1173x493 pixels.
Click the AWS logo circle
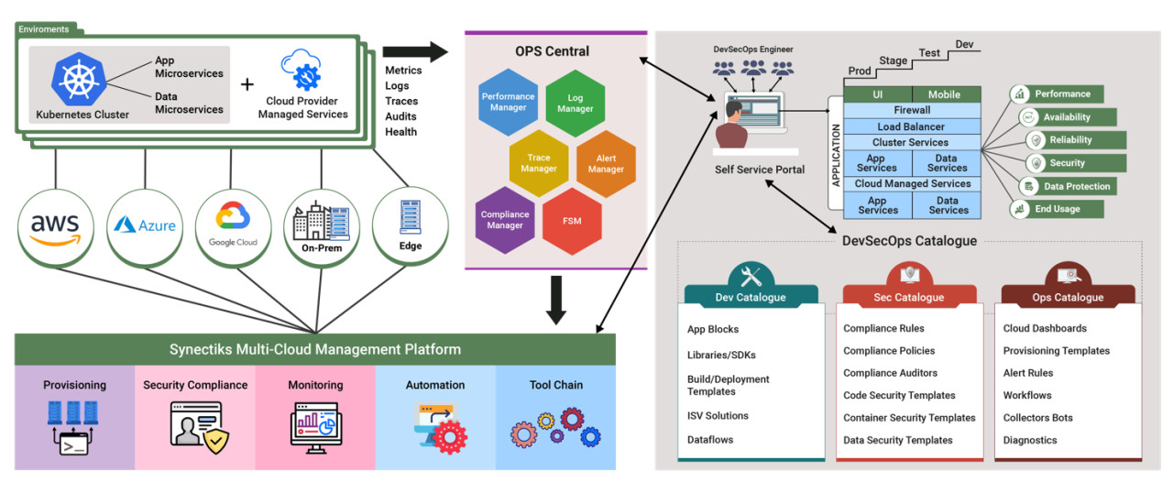[x=56, y=228]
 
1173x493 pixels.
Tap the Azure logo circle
[x=145, y=228]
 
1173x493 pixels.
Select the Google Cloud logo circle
[x=234, y=228]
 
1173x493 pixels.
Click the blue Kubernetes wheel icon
[x=79, y=79]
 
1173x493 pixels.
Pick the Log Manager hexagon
[x=575, y=104]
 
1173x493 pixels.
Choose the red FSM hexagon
[x=572, y=221]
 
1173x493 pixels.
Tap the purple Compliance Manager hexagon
[x=505, y=220]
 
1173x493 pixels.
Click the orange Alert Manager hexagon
[x=606, y=164]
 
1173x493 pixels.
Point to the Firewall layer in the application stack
[x=912, y=110]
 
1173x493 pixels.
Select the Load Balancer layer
[x=912, y=126]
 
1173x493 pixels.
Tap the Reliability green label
[x=1076, y=139]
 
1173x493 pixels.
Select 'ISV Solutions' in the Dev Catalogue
[x=718, y=415]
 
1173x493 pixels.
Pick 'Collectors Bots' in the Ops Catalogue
[x=1038, y=418]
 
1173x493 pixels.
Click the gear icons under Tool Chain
[x=555, y=427]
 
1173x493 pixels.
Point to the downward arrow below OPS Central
[x=555, y=301]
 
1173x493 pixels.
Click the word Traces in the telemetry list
[x=401, y=101]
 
